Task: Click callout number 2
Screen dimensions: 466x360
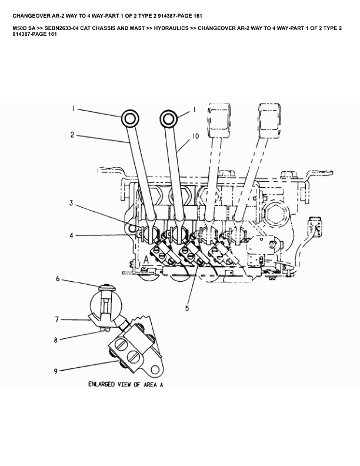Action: [x=72, y=135]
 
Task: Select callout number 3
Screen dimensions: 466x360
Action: [x=71, y=204]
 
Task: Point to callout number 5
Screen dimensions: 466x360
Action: [x=186, y=307]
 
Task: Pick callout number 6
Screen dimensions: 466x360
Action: [x=58, y=279]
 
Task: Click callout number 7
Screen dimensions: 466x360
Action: [x=58, y=319]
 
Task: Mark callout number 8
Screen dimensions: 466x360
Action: [x=56, y=340]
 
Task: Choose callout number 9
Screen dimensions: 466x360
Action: [x=56, y=372]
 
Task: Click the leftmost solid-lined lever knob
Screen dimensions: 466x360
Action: [x=130, y=119]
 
